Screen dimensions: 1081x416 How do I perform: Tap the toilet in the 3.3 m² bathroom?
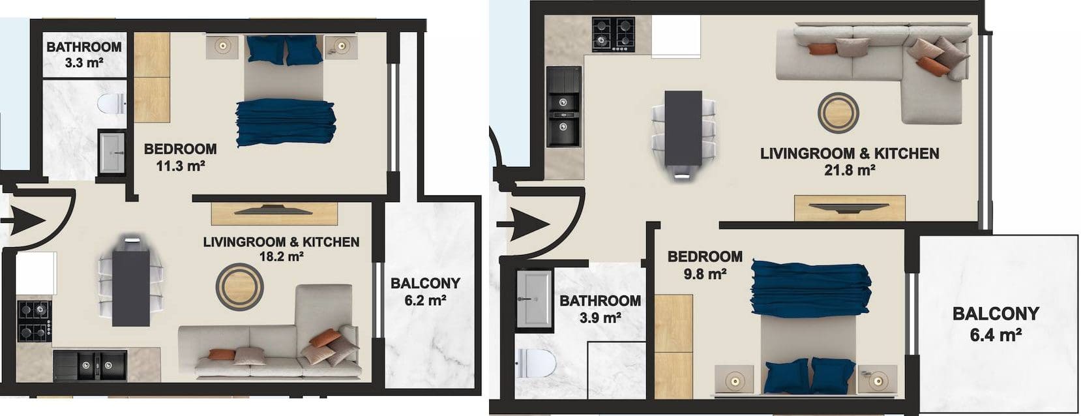(111, 103)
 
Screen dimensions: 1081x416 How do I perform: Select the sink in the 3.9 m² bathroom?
(534, 299)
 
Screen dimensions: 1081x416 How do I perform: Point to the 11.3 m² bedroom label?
(181, 157)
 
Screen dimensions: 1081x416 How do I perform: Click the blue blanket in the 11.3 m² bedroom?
(286, 122)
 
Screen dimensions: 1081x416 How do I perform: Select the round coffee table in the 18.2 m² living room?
(239, 287)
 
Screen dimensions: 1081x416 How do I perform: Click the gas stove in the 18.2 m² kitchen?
(35, 321)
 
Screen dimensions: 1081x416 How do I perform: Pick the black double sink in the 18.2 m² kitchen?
(90, 366)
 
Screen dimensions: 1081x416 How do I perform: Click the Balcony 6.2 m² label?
(425, 291)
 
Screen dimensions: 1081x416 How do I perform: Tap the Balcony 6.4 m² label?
(996, 324)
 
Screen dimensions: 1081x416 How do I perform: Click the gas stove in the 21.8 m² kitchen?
(614, 35)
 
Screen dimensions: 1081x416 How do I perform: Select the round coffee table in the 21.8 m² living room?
(838, 113)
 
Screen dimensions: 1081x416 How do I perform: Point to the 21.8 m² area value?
(850, 170)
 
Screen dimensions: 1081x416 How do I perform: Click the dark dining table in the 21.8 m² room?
(683, 128)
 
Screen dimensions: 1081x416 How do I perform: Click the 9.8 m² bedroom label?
(705, 265)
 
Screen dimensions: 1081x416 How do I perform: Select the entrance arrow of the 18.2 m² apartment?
(23, 220)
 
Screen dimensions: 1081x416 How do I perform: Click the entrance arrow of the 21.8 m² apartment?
(523, 225)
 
